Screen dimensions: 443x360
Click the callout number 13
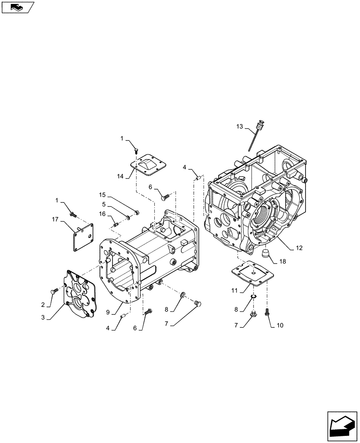point(240,127)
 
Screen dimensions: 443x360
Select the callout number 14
point(120,176)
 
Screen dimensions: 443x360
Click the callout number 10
point(279,325)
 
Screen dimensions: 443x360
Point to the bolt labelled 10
point(267,312)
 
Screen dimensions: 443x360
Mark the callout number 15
point(102,194)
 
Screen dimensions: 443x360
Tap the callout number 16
point(102,214)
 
